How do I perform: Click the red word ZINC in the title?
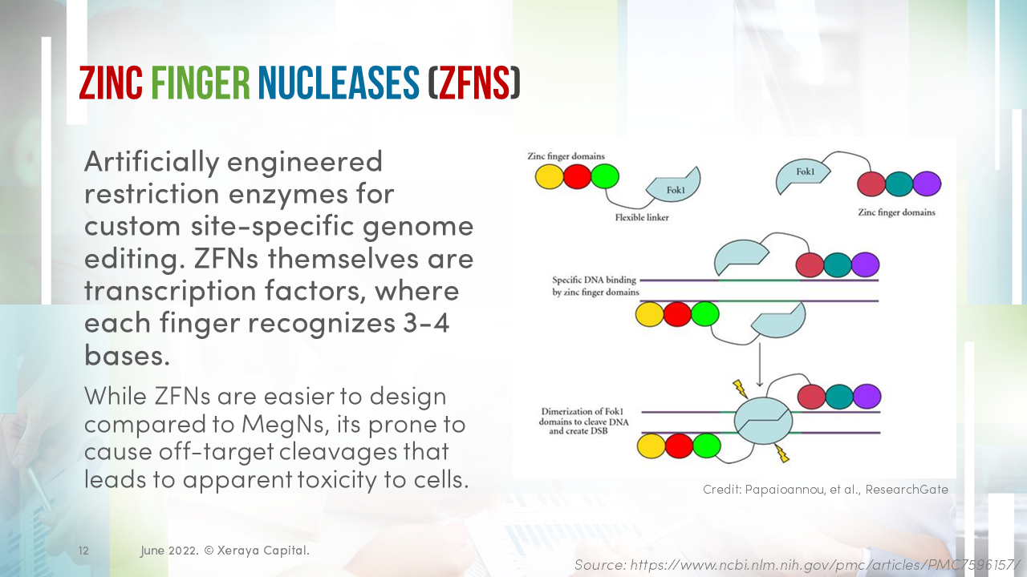click(x=111, y=83)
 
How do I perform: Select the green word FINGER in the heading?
click(x=201, y=83)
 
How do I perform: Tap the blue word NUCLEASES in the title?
click(x=338, y=83)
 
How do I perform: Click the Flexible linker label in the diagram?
click(x=641, y=217)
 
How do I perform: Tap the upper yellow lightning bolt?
click(x=739, y=390)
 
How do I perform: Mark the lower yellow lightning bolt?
click(x=781, y=454)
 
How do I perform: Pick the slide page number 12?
click(x=83, y=551)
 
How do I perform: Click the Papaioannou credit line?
click(x=825, y=489)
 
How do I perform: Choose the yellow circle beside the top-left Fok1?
click(x=549, y=176)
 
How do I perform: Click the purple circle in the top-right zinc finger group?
click(x=927, y=184)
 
